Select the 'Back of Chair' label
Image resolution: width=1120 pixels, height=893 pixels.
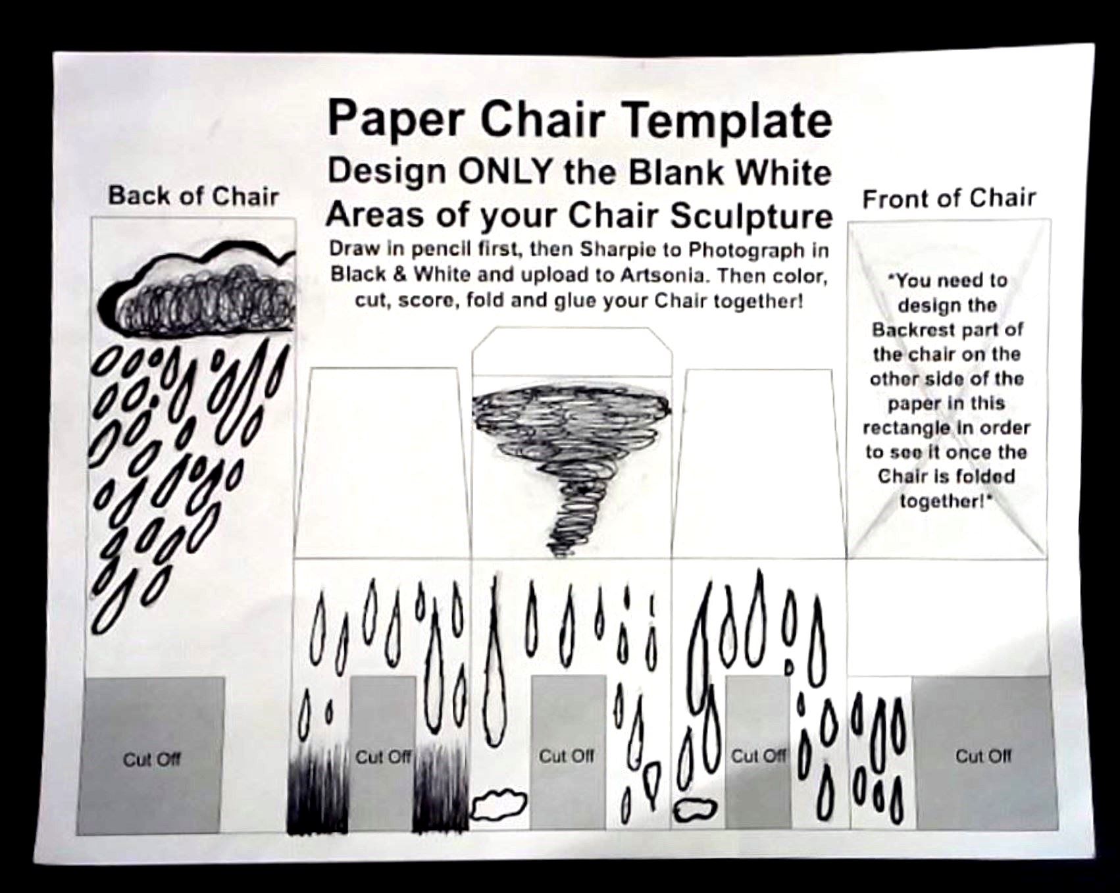tap(193, 195)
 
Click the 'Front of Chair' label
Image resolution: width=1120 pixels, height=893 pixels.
tap(949, 198)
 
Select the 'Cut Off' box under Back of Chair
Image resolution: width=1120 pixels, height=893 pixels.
tap(151, 755)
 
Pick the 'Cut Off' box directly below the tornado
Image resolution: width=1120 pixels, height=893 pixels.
tap(567, 752)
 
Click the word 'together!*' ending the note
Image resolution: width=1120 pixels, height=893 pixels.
tap(946, 501)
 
